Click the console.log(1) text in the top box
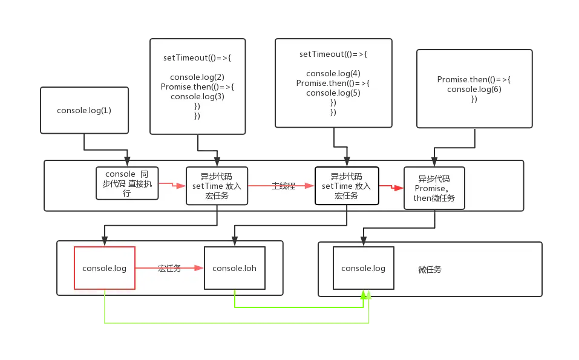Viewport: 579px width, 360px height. coord(84,111)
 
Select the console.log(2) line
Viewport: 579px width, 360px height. coord(197,77)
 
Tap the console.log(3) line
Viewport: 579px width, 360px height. coord(197,96)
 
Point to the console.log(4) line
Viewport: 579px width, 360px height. coord(333,74)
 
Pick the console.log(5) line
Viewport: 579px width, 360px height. coord(333,93)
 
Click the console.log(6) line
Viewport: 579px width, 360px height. coord(474,89)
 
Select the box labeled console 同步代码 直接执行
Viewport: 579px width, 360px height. coord(127,183)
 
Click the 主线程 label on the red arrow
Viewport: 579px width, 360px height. coord(283,186)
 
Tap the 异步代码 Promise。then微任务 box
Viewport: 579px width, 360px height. coord(434,188)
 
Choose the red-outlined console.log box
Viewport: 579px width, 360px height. coord(104,268)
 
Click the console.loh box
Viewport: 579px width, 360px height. coord(234,268)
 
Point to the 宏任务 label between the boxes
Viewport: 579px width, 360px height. coord(169,268)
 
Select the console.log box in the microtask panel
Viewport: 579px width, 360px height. coord(363,268)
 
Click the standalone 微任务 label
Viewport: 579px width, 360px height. coord(430,269)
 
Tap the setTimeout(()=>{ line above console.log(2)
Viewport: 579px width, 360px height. coord(197,59)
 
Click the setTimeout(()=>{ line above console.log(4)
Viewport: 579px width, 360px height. coord(333,54)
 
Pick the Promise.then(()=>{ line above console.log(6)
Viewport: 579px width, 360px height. coord(474,80)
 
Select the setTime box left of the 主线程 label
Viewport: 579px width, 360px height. coord(217,186)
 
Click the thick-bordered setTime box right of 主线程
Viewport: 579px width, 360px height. coord(346,186)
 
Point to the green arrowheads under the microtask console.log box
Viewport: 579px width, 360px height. coord(366,294)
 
